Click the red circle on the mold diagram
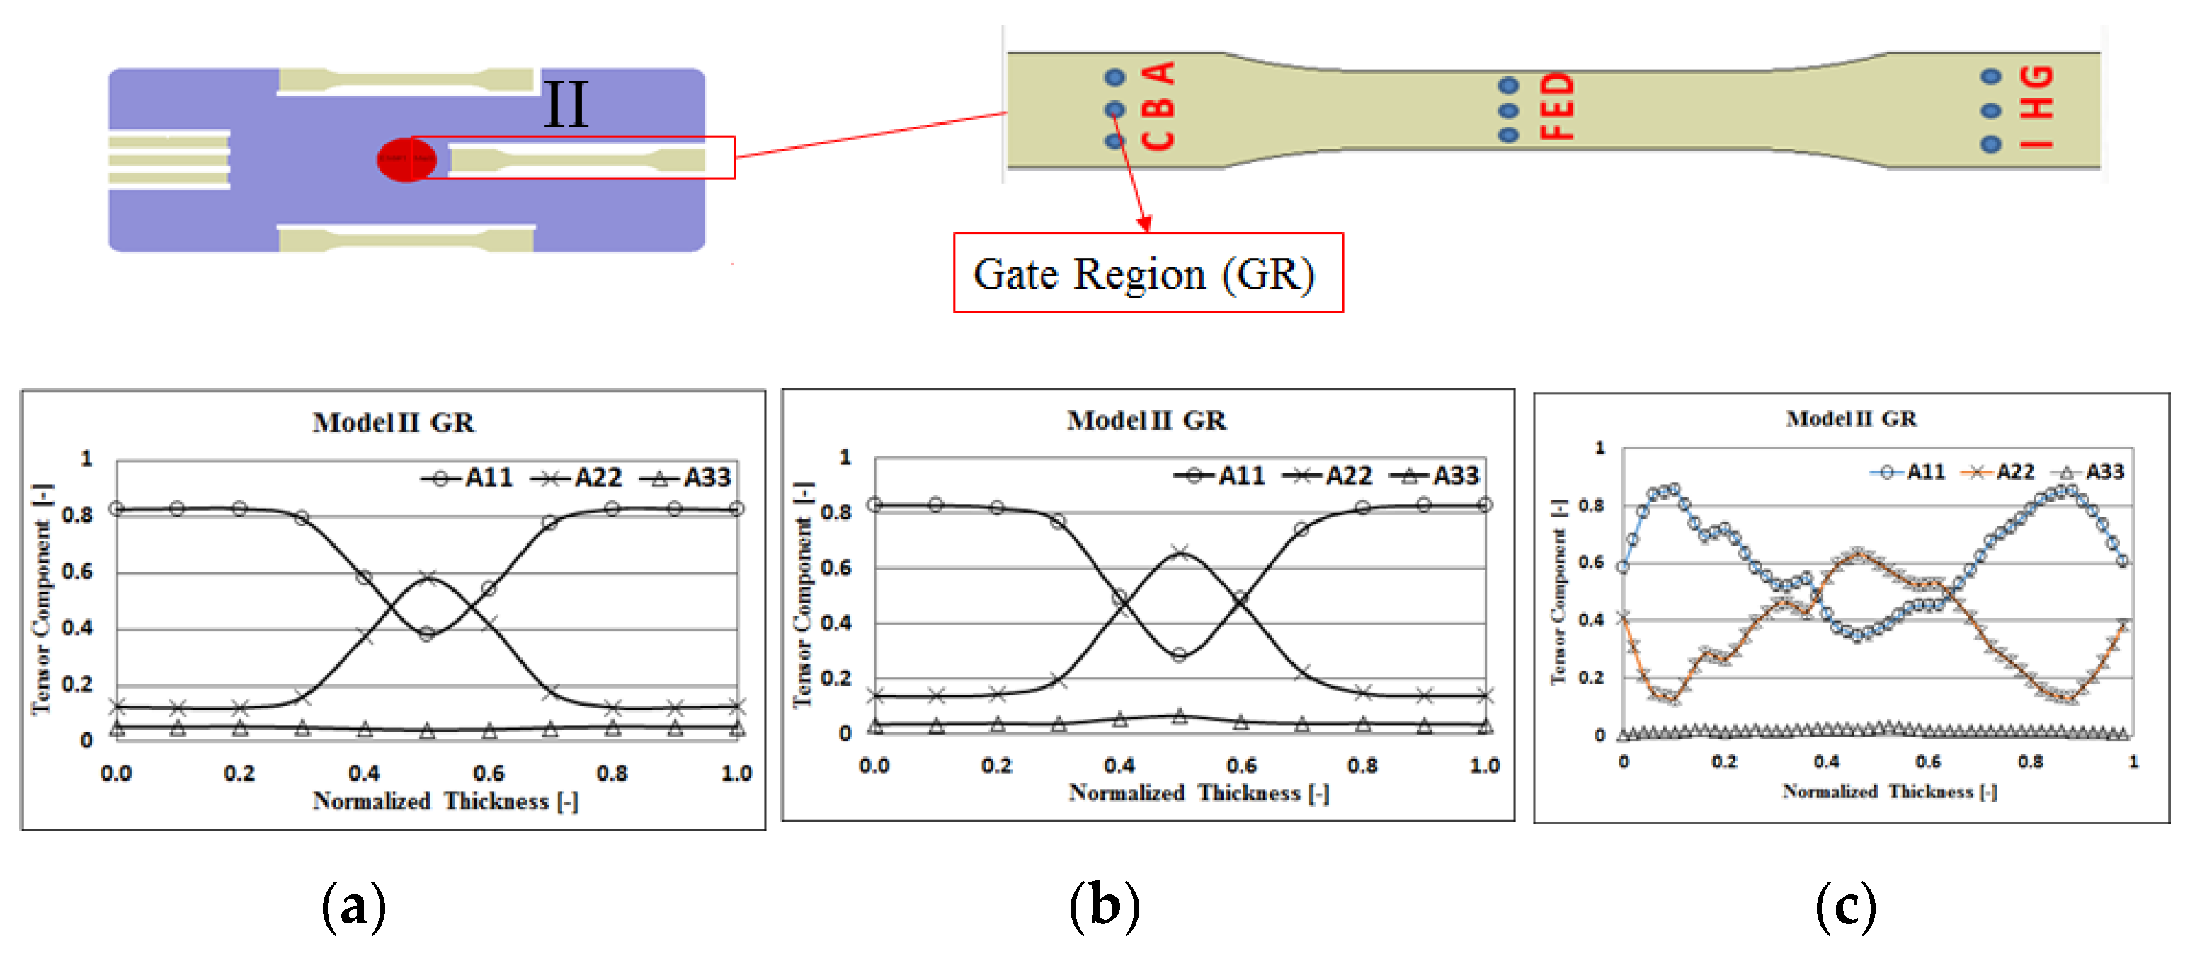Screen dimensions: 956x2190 click(x=406, y=159)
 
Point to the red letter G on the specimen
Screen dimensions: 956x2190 click(x=2036, y=77)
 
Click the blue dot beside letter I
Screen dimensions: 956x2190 click(x=1990, y=144)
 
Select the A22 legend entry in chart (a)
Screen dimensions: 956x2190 click(x=577, y=478)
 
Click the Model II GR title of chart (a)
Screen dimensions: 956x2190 click(x=393, y=422)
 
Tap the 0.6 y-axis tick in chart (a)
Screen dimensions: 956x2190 click(x=77, y=571)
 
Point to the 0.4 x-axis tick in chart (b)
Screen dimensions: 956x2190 click(x=1119, y=766)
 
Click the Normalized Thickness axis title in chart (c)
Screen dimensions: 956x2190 click(x=1889, y=792)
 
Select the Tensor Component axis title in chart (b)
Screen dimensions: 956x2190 click(x=802, y=595)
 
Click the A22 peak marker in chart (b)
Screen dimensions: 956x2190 click(x=1179, y=553)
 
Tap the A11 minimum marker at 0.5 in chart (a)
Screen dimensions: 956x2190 click(x=427, y=633)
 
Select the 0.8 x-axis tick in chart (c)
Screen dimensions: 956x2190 click(x=2030, y=761)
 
